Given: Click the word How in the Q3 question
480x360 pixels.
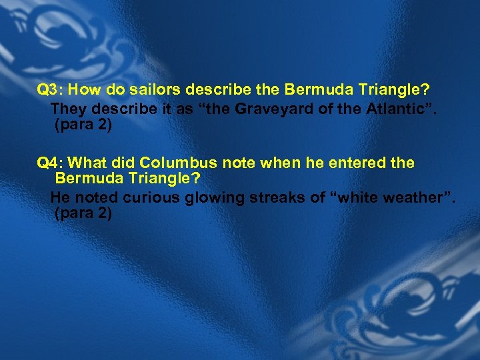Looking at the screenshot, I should [83, 89].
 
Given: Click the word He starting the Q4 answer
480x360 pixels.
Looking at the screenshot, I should [60, 198].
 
